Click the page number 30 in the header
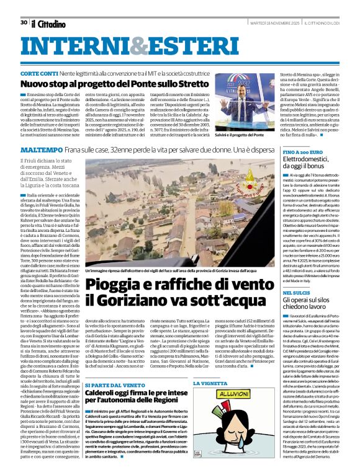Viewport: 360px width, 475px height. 23,22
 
